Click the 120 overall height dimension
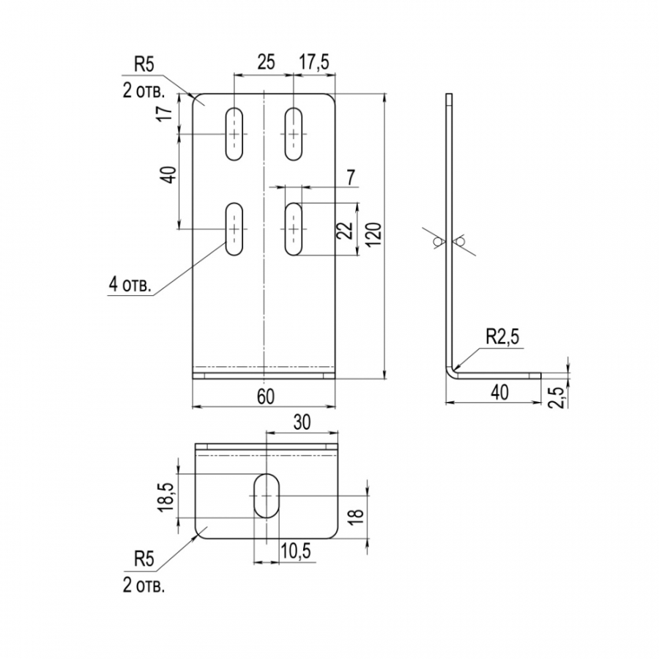373,234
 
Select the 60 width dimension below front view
266,397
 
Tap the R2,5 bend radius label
502,337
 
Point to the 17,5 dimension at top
314,62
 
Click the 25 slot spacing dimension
266,62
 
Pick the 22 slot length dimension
345,230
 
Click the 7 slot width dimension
351,177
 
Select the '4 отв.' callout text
130,285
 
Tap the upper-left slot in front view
234,134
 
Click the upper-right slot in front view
294,134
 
